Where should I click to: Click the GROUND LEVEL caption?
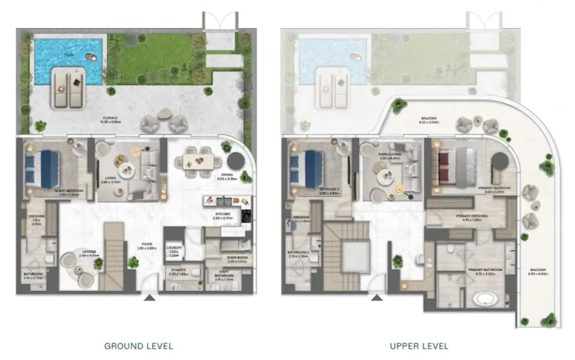[139, 346]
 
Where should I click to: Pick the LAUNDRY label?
[174, 251]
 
